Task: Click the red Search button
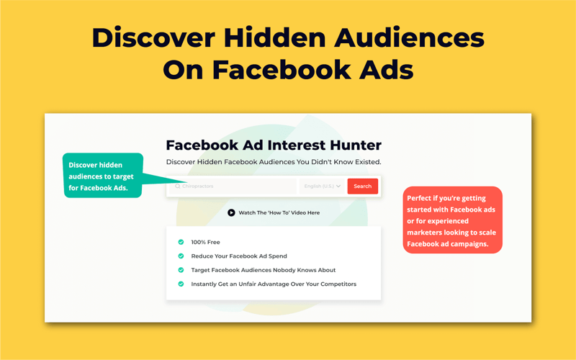(x=362, y=186)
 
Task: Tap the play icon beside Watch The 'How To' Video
(x=231, y=213)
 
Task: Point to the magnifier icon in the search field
(x=178, y=186)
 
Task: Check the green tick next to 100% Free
(x=181, y=243)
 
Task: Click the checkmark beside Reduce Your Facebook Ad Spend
(x=181, y=256)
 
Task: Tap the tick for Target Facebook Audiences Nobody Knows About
(x=181, y=270)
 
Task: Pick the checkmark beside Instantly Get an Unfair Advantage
(x=181, y=284)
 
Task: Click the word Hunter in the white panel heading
(x=353, y=145)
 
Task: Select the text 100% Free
(x=205, y=243)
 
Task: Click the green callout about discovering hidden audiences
(x=103, y=176)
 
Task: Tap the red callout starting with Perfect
(x=452, y=220)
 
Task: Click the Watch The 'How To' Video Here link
(x=279, y=213)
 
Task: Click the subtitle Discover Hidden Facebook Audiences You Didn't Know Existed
(x=273, y=162)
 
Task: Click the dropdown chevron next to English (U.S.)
(x=338, y=186)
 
